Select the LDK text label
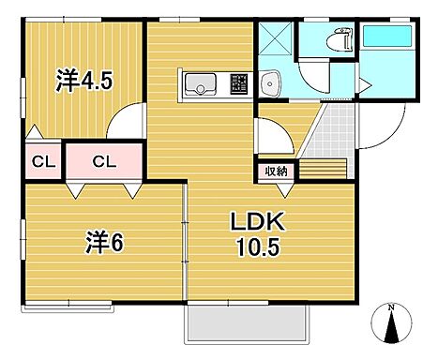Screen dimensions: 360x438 255,224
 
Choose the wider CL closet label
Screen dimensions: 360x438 105,161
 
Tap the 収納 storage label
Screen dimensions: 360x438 276,171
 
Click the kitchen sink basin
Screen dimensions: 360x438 200,87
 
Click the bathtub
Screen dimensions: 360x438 386,37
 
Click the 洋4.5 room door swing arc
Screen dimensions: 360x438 124,120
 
